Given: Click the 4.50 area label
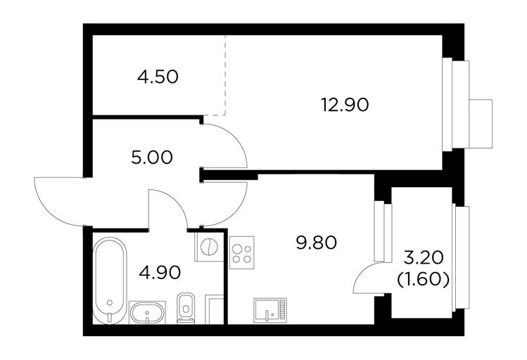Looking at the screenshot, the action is tap(158, 77).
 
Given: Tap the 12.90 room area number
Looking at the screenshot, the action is tap(345, 105).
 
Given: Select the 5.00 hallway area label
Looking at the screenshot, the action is tap(152, 157).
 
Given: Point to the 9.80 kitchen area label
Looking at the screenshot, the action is tap(316, 243).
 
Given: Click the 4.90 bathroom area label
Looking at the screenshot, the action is tap(160, 272).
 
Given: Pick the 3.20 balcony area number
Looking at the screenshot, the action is tap(423, 258).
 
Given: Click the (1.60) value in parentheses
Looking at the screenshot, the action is tap(423, 279).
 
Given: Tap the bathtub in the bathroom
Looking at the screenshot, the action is tap(110, 281).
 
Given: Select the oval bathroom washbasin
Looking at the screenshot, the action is tap(147, 313).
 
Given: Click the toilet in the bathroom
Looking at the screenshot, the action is tap(186, 308).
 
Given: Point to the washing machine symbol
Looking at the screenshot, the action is tap(209, 247).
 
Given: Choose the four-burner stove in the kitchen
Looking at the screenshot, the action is tap(242, 252).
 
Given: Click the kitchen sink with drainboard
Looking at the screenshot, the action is tap(271, 309).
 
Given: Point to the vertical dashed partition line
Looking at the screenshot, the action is tap(225, 75).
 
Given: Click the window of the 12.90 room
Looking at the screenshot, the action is tap(457, 104).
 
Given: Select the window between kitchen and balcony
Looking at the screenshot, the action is tap(383, 232).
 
